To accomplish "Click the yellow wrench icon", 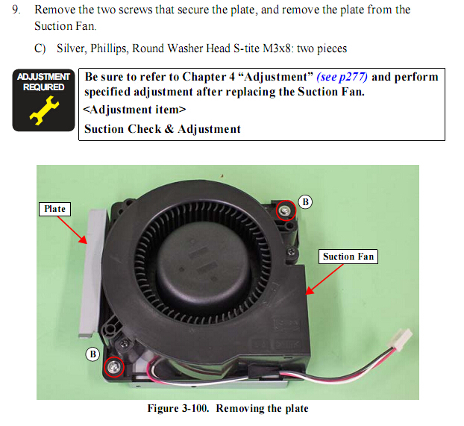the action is coord(44,110).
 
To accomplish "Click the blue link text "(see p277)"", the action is coord(342,77).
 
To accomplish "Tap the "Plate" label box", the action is coord(54,209).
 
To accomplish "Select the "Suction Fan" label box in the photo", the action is coord(348,257).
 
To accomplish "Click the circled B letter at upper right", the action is coord(305,202).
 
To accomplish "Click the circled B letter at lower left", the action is coord(93,354).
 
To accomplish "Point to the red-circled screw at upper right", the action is coord(286,210).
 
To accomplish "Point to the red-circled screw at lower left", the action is coord(114,367).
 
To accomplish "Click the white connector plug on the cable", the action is coord(401,339).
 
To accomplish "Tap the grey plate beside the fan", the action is coord(92,272).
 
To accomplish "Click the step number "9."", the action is coord(16,10).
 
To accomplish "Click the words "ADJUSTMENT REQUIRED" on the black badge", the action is coord(44,82).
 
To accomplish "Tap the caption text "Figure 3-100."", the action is coord(178,408).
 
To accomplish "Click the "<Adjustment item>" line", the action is coord(134,110).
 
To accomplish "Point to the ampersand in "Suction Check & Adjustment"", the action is coord(169,129).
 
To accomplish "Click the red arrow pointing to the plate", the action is coord(72,230).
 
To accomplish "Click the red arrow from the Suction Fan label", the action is coord(325,279).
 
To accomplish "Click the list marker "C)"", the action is coord(40,48).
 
